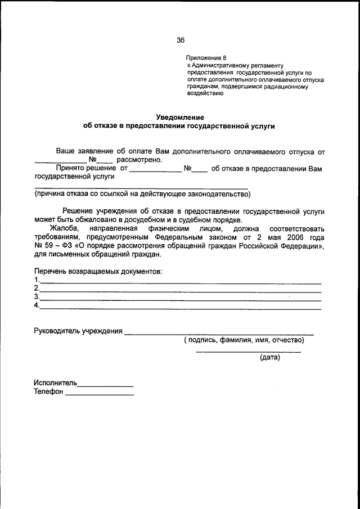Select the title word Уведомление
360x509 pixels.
point(179,117)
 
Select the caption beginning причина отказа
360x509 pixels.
point(142,195)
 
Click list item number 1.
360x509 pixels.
point(37,280)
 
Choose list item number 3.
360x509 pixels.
point(37,296)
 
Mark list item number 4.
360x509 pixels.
point(37,305)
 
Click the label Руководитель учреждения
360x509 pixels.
point(78,331)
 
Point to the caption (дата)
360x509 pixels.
point(270,357)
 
